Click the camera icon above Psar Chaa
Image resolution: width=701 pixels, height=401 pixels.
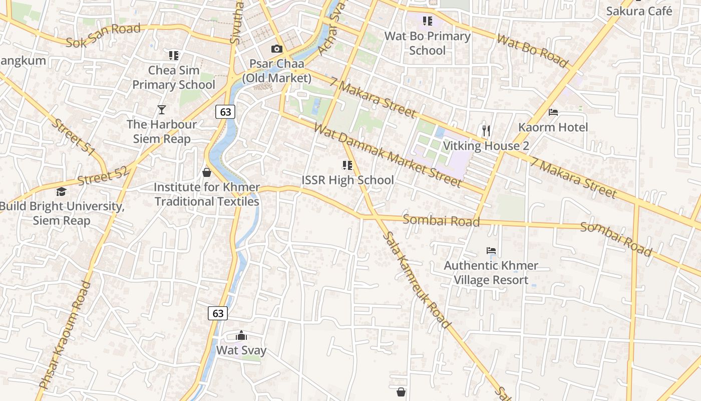point(276,49)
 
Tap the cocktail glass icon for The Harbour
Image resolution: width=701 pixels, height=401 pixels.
point(161,109)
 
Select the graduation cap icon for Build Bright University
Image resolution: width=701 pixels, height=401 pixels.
point(61,191)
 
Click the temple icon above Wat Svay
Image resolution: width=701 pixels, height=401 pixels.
point(241,335)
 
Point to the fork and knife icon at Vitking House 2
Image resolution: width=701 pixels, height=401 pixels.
point(486,131)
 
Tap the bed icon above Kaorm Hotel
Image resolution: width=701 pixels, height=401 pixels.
point(553,112)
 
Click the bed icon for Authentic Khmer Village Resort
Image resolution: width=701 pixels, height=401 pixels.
point(491,250)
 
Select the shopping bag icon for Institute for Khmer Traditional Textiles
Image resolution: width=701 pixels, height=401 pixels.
point(206,172)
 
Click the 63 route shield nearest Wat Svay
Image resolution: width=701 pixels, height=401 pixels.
point(218,313)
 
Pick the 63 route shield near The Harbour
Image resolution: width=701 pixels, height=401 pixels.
point(225,111)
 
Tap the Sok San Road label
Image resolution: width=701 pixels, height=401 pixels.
point(104,36)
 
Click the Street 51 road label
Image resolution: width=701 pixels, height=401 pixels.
point(73,137)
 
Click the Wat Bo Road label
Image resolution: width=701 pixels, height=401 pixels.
point(532,51)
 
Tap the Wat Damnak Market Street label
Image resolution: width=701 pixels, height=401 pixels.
point(387,154)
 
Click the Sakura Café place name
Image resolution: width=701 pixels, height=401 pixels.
point(639,11)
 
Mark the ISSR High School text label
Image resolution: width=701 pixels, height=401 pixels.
point(347,180)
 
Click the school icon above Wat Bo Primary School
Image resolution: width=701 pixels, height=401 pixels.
point(427,21)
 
